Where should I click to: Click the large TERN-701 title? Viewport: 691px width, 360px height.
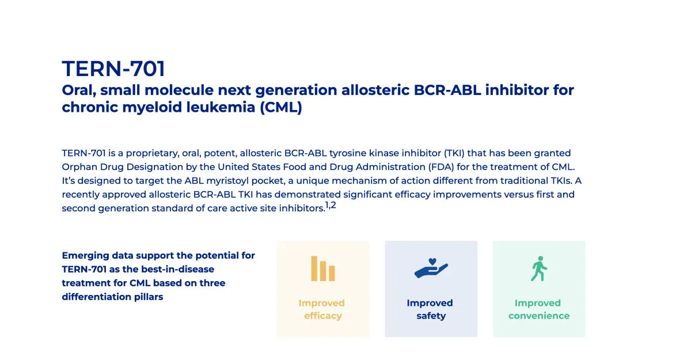[x=113, y=69]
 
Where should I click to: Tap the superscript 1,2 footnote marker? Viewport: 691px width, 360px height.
[x=330, y=206]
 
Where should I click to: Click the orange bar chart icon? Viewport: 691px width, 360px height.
[x=323, y=268]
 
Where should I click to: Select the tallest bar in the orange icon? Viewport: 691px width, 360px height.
[x=315, y=268]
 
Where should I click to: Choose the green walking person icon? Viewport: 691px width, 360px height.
[x=538, y=268]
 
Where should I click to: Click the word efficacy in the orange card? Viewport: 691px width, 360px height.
[x=323, y=316]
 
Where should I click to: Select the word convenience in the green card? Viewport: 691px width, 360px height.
[x=539, y=316]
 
